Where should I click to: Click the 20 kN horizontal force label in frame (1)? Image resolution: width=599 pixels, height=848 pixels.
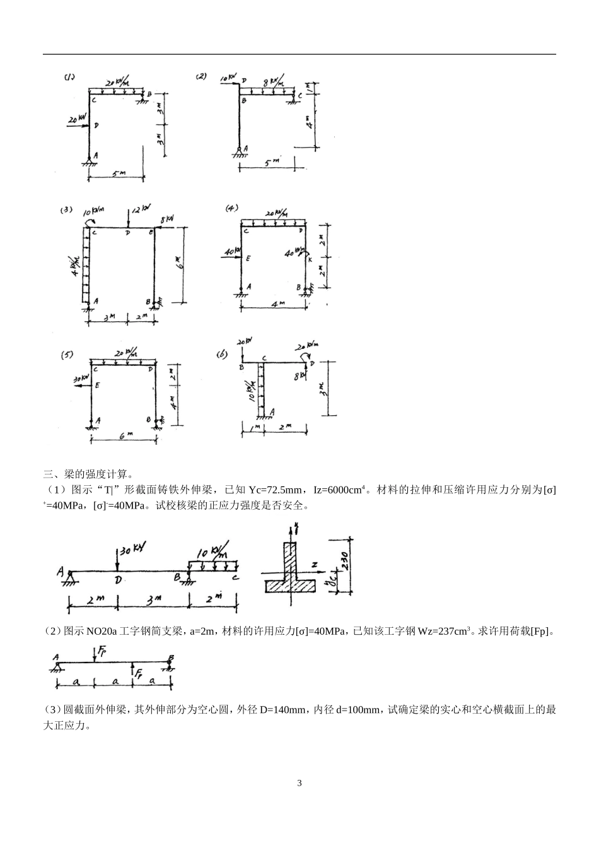tap(77, 118)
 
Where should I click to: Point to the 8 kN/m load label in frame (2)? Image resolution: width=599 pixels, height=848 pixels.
tap(274, 82)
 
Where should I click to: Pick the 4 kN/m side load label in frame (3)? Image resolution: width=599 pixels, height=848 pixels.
tap(76, 266)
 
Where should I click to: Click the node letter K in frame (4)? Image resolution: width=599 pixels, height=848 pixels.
tap(310, 258)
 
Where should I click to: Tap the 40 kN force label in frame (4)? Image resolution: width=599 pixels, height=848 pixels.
tap(231, 252)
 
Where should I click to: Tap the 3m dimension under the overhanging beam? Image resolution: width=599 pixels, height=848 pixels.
tap(152, 601)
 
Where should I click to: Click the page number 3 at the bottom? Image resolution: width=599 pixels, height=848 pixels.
tap(299, 783)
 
